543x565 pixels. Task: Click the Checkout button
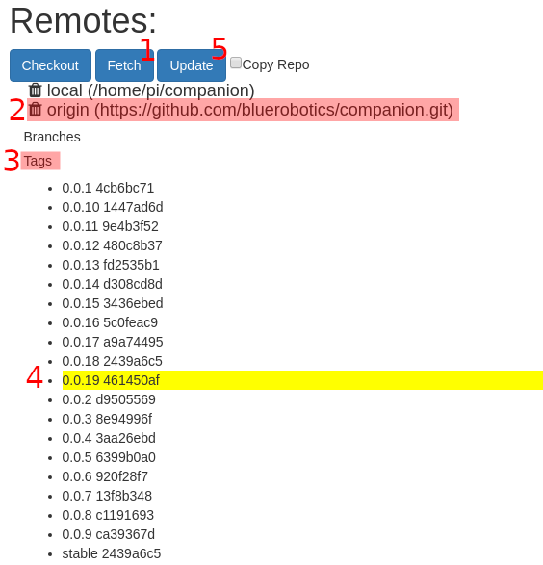[50, 65]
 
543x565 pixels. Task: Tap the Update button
[192, 65]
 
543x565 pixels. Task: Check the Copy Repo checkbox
[236, 63]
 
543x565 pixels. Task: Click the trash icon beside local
[36, 90]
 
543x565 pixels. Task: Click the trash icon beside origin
[36, 110]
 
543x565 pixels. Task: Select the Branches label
[52, 137]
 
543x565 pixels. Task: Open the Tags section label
[38, 161]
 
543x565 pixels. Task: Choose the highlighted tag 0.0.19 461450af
[111, 380]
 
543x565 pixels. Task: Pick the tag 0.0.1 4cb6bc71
[108, 188]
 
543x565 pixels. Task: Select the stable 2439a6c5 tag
[112, 553]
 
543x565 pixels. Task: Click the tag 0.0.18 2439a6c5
[112, 361]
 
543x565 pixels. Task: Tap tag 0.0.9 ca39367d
[108, 534]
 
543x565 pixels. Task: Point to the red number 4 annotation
[35, 377]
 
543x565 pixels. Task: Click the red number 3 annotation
[12, 161]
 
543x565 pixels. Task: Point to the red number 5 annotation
[220, 48]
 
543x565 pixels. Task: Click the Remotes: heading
[83, 21]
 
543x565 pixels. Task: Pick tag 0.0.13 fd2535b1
[111, 265]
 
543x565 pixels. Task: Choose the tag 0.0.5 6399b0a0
[109, 457]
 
